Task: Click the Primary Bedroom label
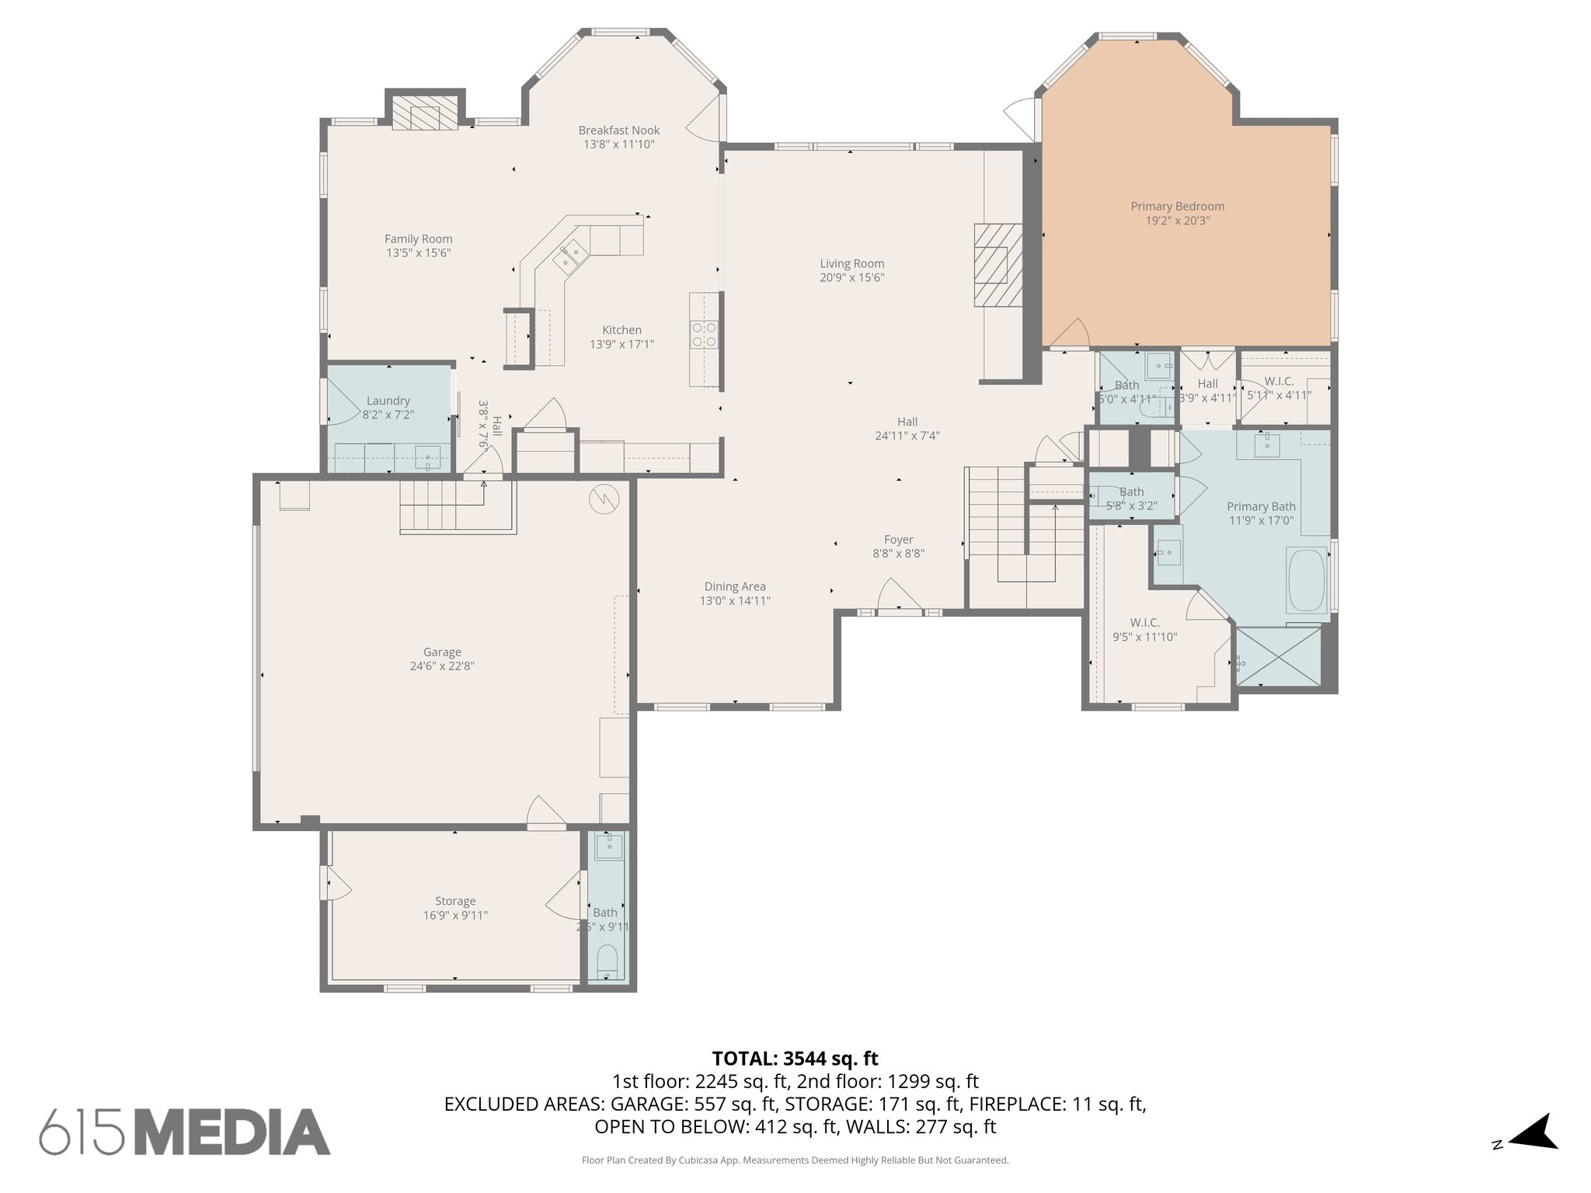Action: [x=1177, y=207]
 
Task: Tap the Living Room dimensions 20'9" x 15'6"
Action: [x=851, y=278]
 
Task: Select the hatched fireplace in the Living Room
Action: [x=998, y=265]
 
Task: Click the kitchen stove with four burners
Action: [x=705, y=335]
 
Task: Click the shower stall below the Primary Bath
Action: [x=1278, y=656]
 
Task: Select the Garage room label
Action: [x=442, y=652]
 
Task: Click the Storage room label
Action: [x=454, y=901]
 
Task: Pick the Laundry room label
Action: [x=388, y=401]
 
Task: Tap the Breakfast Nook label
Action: [x=618, y=130]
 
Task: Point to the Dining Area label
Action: [x=735, y=586]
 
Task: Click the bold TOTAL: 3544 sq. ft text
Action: [x=795, y=1059]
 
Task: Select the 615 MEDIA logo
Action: [x=185, y=1131]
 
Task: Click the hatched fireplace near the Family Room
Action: [x=424, y=114]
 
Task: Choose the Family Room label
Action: [x=418, y=239]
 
